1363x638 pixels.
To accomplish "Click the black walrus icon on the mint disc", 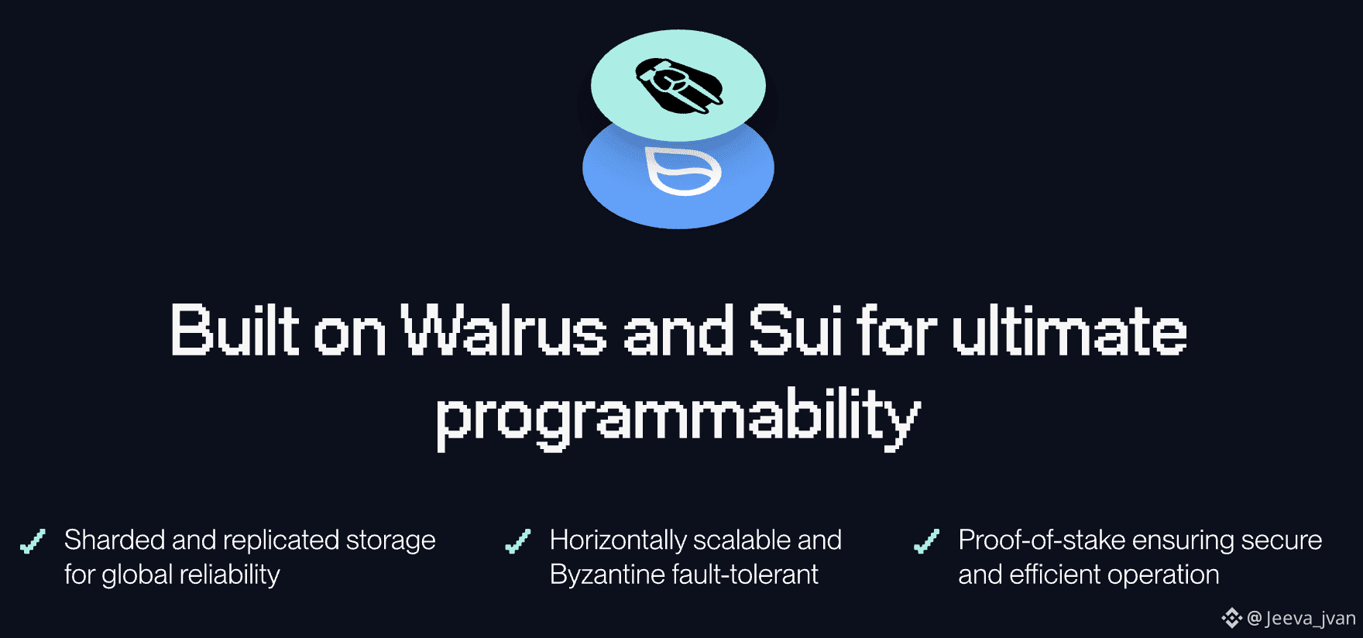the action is (x=679, y=85).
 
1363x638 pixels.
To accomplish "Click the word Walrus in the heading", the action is (x=504, y=331).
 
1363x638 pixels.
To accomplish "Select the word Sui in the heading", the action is (x=795, y=331).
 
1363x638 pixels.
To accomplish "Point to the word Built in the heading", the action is (x=235, y=331).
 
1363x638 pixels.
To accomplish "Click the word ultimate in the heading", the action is (x=1069, y=331).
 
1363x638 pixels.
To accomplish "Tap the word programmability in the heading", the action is (x=678, y=418).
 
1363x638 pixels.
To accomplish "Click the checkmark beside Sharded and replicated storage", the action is (x=33, y=540).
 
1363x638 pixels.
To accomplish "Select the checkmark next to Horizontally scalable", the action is (x=518, y=540).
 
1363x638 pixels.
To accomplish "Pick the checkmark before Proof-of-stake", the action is (x=926, y=540).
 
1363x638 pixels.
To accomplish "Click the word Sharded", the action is (x=115, y=540).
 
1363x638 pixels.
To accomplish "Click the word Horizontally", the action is (x=619, y=540).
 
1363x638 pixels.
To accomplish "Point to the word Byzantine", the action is (x=607, y=575).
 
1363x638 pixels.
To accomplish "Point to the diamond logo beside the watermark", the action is (x=1232, y=618).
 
